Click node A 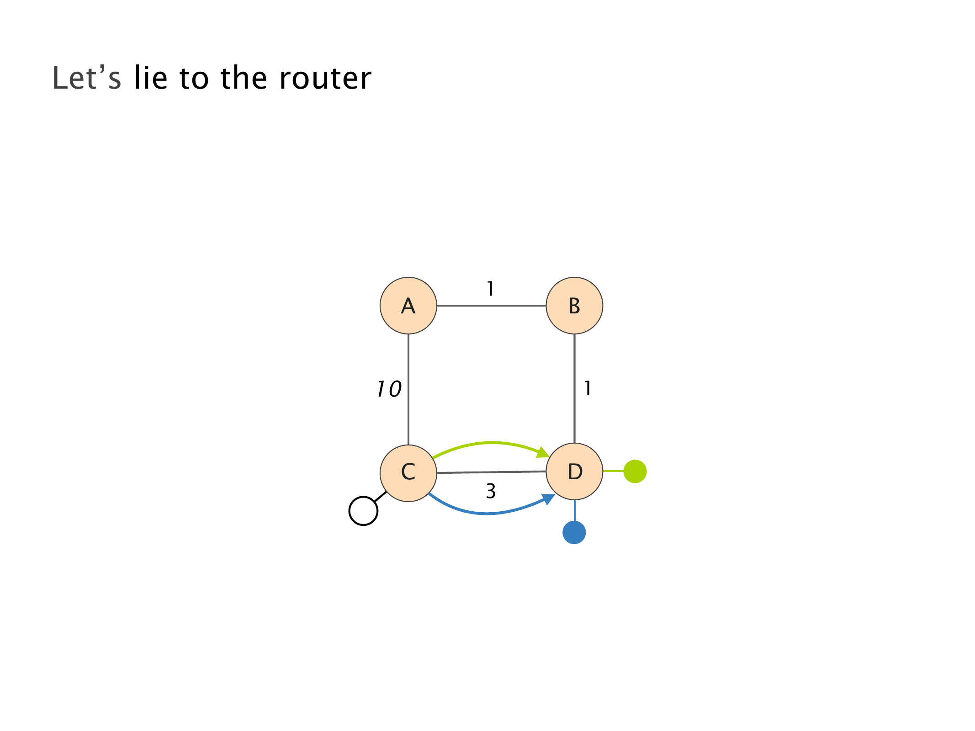[408, 306]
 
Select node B [574, 306]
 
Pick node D [574, 472]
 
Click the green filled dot [635, 471]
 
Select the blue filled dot [574, 532]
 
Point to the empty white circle [363, 511]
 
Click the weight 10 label [389, 389]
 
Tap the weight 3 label [491, 492]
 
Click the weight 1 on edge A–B [490, 289]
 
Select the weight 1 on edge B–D [588, 389]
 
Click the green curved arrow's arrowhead [544, 452]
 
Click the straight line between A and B [491, 306]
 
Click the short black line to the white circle [381, 497]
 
